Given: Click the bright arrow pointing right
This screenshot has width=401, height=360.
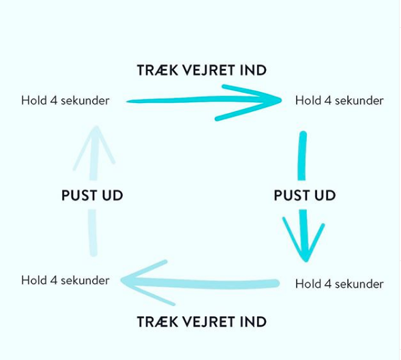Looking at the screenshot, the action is click(204, 100).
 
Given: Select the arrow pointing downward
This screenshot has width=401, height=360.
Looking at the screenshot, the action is click(302, 197).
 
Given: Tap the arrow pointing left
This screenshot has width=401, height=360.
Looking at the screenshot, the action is click(199, 283).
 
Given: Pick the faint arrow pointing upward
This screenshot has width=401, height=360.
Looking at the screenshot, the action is click(93, 191).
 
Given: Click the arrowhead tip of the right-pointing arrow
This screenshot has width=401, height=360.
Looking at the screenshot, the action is click(282, 100).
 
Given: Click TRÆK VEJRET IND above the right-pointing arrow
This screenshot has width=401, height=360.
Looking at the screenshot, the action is click(202, 70).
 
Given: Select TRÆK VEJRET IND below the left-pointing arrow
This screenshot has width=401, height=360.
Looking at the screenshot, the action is click(202, 322).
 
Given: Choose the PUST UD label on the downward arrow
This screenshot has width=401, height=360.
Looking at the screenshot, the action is click(305, 196).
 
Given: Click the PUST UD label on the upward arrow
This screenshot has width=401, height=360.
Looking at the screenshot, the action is click(92, 196).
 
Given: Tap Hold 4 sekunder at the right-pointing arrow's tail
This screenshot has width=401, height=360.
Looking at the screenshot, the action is click(65, 100).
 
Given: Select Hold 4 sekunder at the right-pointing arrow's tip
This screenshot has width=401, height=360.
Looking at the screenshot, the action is click(340, 100).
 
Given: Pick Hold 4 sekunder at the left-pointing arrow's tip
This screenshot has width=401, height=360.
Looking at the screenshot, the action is click(65, 280).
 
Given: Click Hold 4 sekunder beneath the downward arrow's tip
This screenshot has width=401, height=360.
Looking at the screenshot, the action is click(340, 284).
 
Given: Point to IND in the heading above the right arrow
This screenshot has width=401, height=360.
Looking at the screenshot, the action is click(253, 70).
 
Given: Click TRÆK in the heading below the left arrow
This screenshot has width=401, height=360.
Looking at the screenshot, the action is click(158, 322).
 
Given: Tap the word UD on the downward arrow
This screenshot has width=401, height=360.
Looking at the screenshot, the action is click(325, 196).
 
